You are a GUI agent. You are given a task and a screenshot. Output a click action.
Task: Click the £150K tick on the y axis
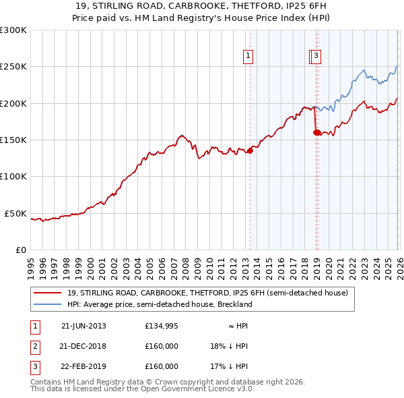(x=15, y=140)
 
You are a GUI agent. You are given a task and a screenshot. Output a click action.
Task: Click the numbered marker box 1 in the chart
(x=248, y=57)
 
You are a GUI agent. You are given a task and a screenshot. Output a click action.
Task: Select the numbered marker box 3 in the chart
(x=316, y=57)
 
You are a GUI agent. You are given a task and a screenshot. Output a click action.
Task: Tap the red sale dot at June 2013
(x=250, y=150)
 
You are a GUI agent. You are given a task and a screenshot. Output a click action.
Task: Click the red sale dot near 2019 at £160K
(x=316, y=132)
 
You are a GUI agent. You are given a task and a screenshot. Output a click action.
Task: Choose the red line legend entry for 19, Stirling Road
(x=207, y=293)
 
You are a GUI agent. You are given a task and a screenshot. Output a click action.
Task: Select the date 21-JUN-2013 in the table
(x=83, y=325)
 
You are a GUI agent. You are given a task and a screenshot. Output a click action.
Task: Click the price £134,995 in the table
(x=162, y=325)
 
